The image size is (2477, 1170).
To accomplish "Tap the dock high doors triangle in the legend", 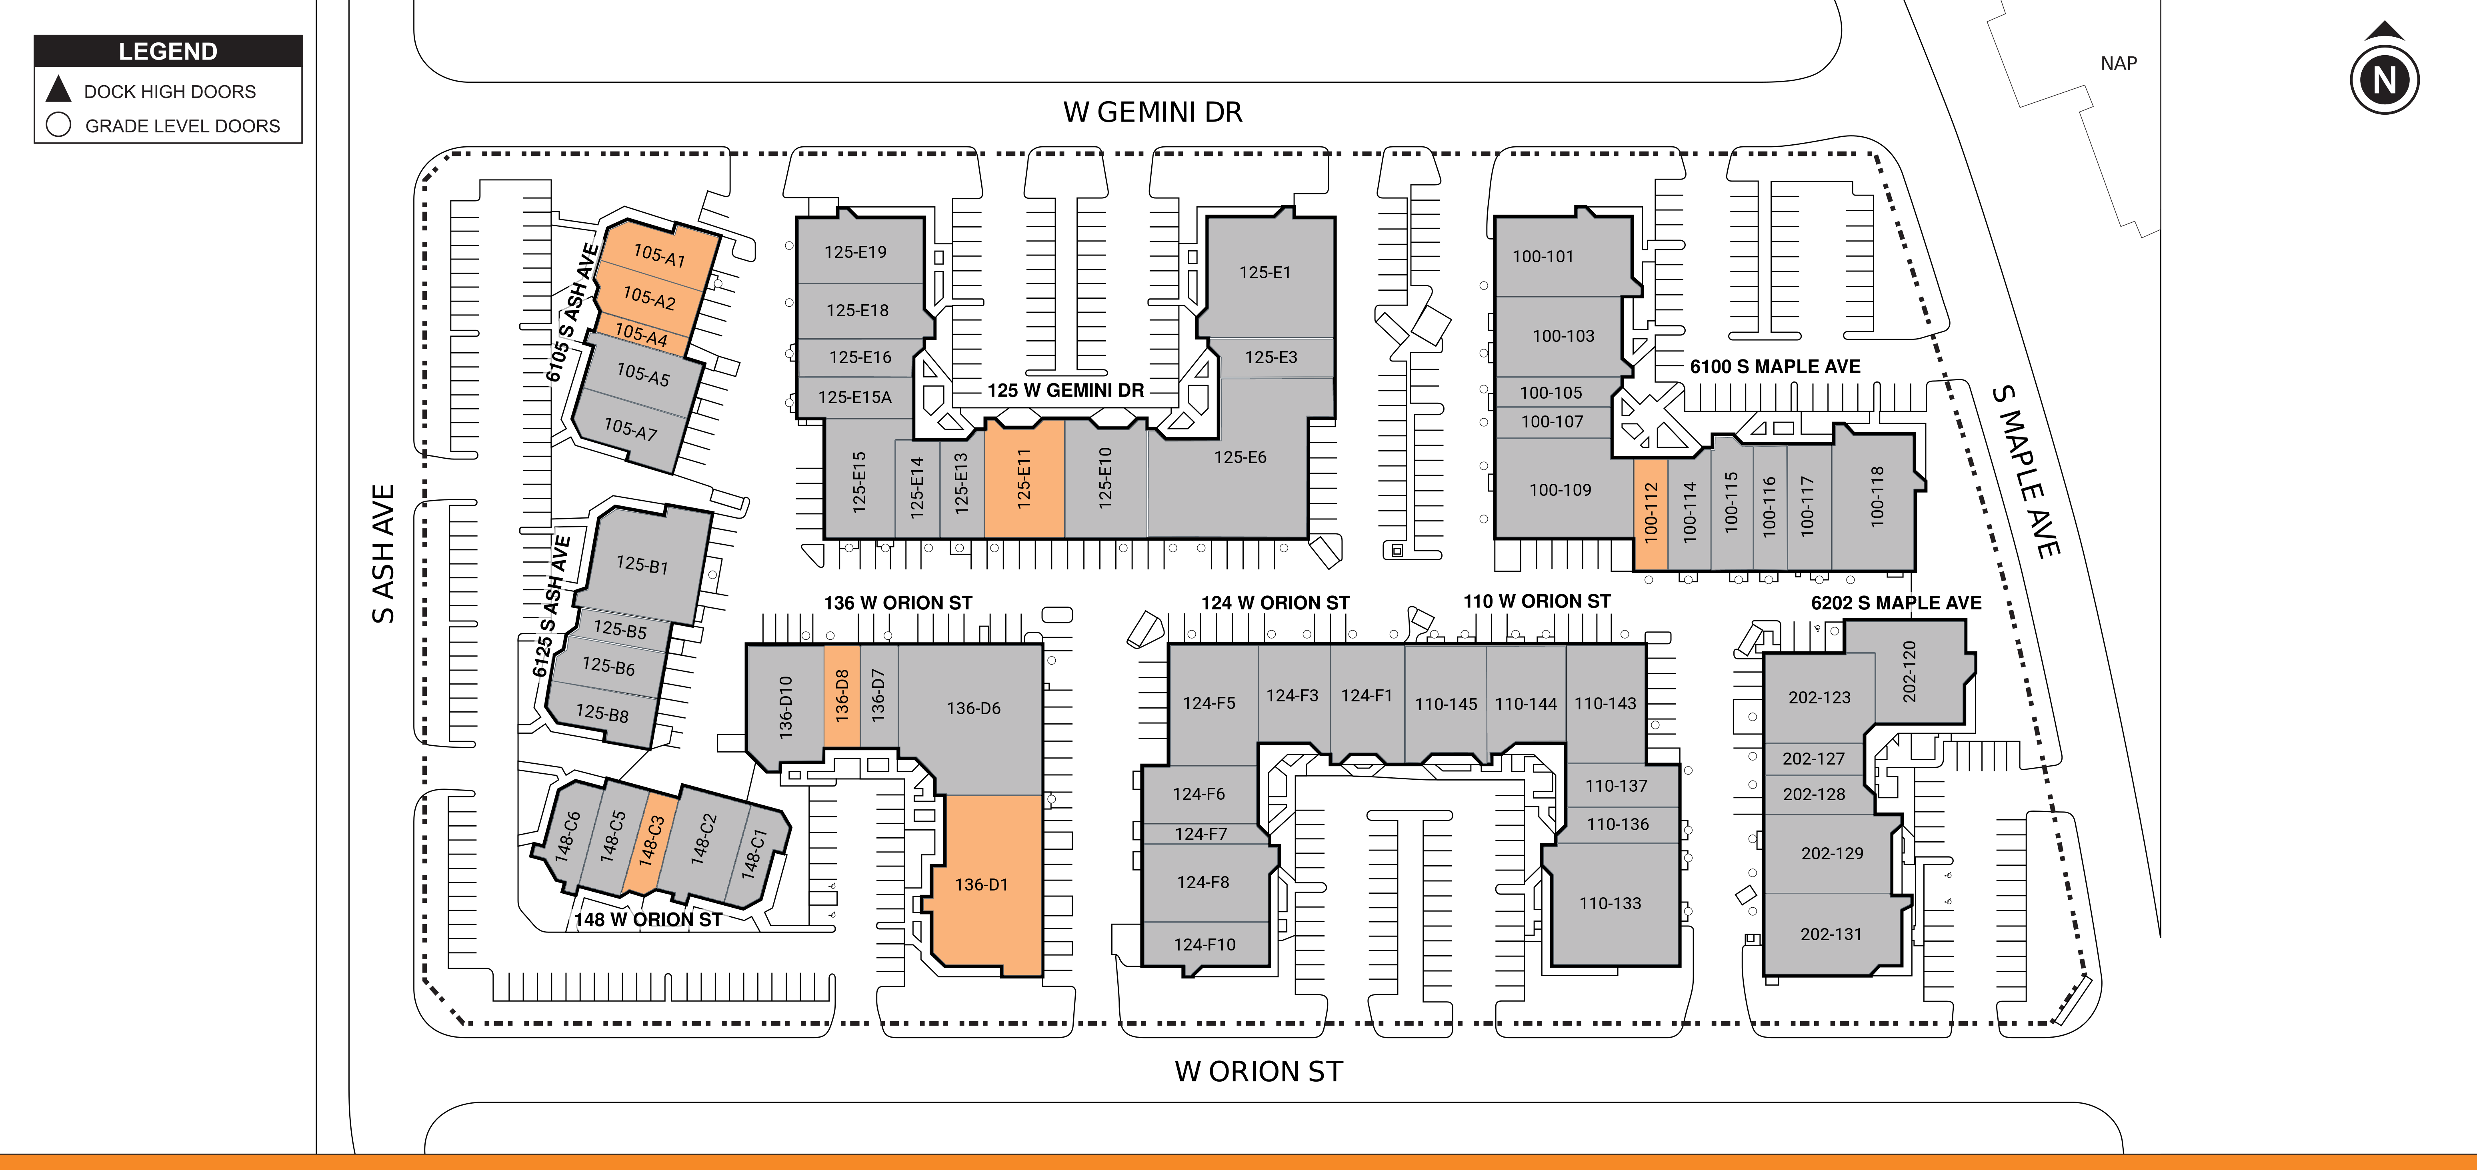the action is pyautogui.click(x=59, y=90).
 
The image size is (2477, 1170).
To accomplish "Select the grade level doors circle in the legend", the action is pyautogui.click(x=59, y=125).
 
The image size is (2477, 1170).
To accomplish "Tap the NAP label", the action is pyautogui.click(x=2118, y=64).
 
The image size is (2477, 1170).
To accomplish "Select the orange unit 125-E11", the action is pyautogui.click(x=1024, y=478).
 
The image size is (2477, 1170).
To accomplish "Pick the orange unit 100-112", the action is pyautogui.click(x=1650, y=512).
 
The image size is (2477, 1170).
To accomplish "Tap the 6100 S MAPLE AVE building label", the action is pyautogui.click(x=1775, y=366).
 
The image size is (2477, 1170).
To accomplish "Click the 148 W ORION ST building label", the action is pyautogui.click(x=648, y=920).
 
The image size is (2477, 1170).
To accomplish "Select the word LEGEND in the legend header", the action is pyautogui.click(x=168, y=51).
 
